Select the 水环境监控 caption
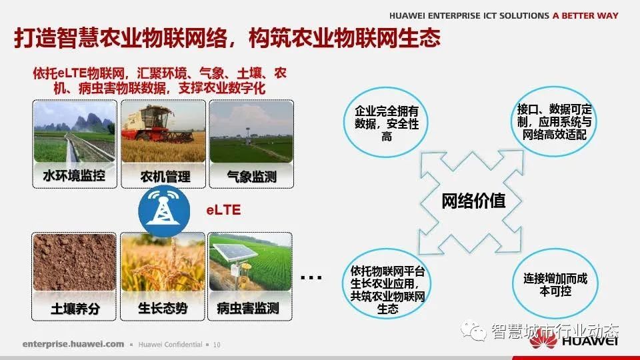74,177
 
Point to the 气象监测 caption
251,177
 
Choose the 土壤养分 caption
74,309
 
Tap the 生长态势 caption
163,309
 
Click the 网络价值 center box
473,200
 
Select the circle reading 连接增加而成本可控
551,285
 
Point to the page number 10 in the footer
217,345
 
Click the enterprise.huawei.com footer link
73,345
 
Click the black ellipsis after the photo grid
311,277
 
